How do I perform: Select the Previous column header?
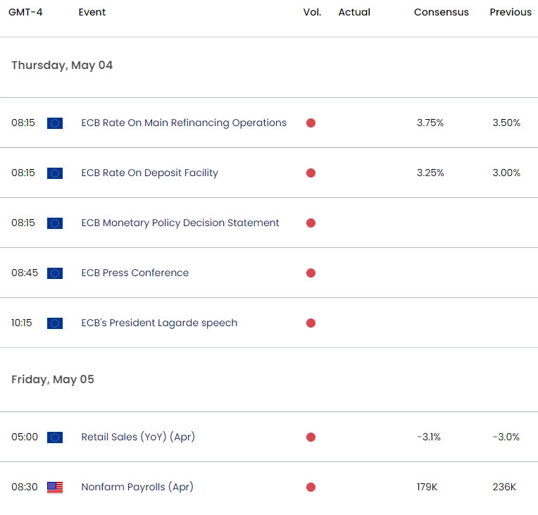click(511, 12)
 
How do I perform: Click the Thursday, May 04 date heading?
click(62, 66)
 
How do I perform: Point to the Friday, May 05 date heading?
click(53, 380)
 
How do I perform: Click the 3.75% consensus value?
click(430, 123)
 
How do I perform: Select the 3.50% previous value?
click(506, 123)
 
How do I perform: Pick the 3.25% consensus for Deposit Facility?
click(430, 173)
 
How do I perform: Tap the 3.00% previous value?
click(506, 173)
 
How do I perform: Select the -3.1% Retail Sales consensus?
click(429, 438)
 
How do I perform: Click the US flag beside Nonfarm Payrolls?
click(55, 488)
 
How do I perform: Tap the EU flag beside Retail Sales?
click(55, 438)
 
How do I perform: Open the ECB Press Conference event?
click(134, 273)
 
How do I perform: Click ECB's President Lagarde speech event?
click(159, 323)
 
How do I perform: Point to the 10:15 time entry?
click(22, 323)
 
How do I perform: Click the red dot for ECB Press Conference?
click(311, 273)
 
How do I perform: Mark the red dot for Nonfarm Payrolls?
click(311, 488)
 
